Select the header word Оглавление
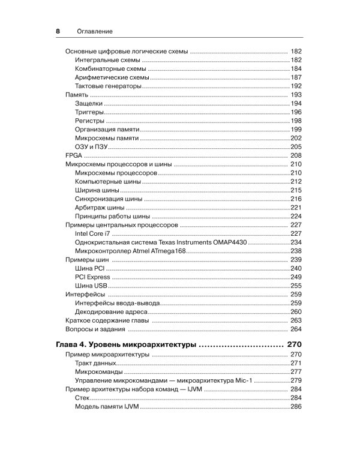95,31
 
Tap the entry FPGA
73,155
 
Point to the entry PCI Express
93,277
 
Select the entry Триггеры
92,112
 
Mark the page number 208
295,155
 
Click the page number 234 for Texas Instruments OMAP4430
296,242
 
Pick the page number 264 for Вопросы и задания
295,329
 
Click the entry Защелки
91,104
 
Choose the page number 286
296,407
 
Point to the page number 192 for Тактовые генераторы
296,86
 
